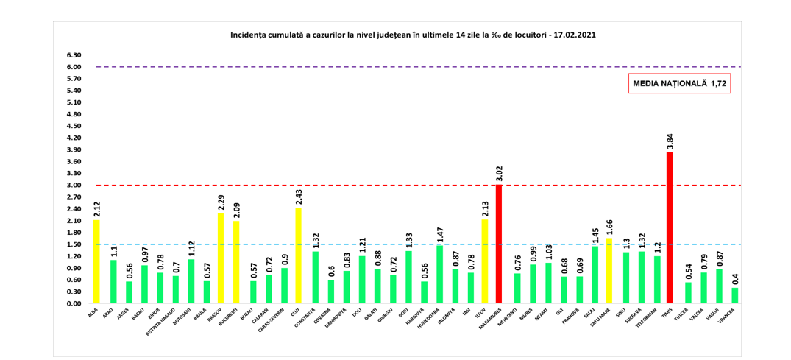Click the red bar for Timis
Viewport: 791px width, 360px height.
[x=670, y=227]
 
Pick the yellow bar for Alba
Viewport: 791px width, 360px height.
[x=96, y=261]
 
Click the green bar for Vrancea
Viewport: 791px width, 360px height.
[x=734, y=295]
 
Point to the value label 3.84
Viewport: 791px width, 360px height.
[x=670, y=141]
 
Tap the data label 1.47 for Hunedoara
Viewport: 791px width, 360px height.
[x=439, y=235]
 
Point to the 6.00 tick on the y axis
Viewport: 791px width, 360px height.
[x=74, y=67]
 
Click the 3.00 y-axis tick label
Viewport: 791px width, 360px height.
[x=74, y=186]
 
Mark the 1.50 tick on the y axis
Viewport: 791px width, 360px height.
[x=74, y=244]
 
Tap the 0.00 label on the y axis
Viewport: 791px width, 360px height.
[x=74, y=303]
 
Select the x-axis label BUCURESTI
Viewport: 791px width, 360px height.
[x=230, y=319]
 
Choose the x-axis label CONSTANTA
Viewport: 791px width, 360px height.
[x=308, y=320]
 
